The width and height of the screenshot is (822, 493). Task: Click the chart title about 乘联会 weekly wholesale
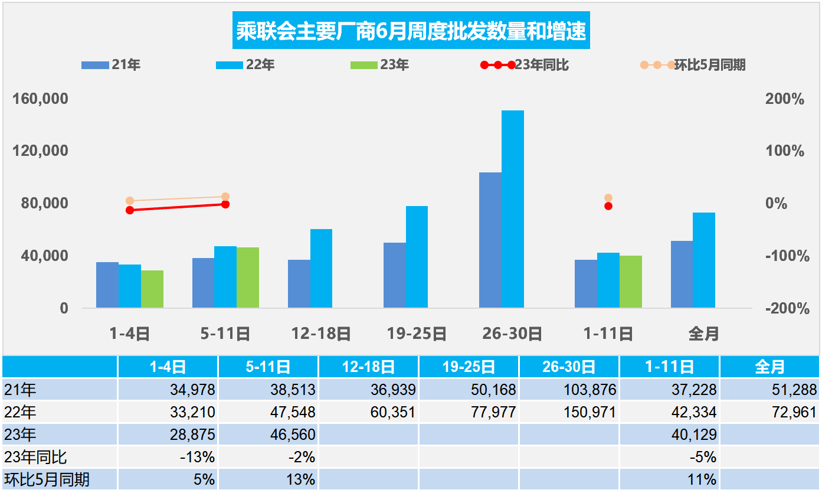(411, 31)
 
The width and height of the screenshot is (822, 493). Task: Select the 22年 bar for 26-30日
(512, 209)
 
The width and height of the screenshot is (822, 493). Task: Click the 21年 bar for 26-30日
(490, 240)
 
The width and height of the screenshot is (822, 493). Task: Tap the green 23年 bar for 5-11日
(247, 277)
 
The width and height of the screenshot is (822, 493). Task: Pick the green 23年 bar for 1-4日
(152, 289)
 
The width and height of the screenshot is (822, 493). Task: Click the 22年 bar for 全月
(703, 260)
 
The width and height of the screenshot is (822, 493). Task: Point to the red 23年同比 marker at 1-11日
(608, 206)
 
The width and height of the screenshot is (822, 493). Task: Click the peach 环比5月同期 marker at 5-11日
(225, 197)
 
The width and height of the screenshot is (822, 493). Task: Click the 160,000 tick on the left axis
(41, 99)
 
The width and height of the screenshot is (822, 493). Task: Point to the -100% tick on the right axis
(784, 256)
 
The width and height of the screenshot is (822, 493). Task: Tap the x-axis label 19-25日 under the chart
(417, 334)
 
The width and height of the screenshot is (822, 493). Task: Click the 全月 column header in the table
(769, 367)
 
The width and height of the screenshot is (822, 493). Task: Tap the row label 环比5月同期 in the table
(47, 479)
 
